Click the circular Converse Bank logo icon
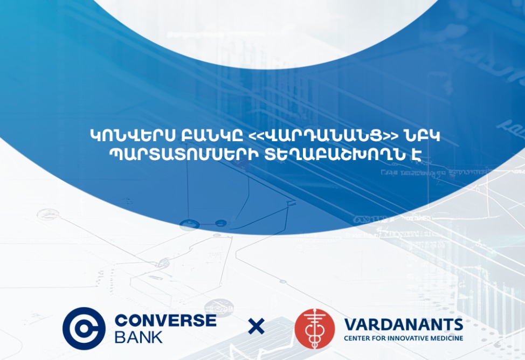(x=84, y=328)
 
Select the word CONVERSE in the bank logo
(x=165, y=320)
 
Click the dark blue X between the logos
(x=257, y=327)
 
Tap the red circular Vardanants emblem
(x=315, y=328)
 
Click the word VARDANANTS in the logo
(x=403, y=324)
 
